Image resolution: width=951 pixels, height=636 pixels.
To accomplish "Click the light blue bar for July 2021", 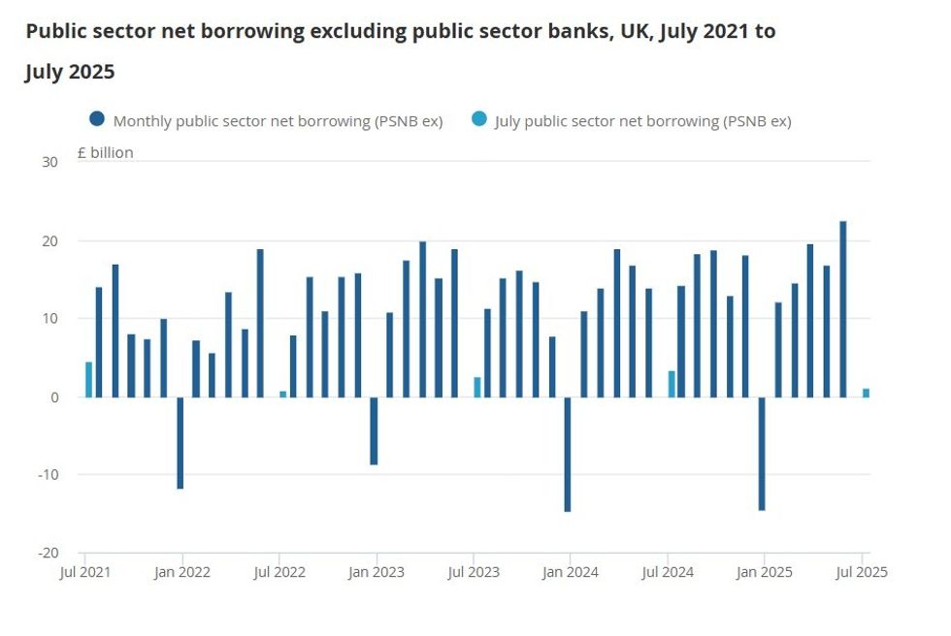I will click(88, 379).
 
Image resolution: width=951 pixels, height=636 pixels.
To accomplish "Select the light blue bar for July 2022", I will click(283, 394).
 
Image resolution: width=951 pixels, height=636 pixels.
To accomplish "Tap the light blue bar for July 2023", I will click(477, 387).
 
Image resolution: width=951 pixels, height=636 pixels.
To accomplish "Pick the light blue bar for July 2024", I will click(672, 384).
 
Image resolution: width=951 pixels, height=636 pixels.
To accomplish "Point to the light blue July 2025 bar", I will click(866, 393).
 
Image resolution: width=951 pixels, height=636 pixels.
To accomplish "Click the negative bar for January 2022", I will click(180, 442).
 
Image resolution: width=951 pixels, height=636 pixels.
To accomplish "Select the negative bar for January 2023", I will click(374, 430).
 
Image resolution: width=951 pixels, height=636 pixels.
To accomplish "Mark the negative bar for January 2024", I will click(568, 454).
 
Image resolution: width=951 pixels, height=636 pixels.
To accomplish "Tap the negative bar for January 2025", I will click(762, 453).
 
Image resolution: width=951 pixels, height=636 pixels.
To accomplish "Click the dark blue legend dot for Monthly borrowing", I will click(97, 120).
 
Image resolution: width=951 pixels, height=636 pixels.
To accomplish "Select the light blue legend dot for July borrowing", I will click(478, 120).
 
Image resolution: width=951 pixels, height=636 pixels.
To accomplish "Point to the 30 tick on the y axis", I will click(49, 162).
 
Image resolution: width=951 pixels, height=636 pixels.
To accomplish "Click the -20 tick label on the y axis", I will click(47, 553).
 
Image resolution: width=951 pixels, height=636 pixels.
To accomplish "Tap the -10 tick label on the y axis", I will click(47, 475).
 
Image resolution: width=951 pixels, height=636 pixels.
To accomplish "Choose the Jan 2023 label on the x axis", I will click(377, 572).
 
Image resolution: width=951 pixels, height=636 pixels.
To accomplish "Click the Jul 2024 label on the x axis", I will click(668, 572).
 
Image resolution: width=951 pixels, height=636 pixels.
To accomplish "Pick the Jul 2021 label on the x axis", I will click(85, 572).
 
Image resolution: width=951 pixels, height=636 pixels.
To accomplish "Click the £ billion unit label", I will click(107, 153).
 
